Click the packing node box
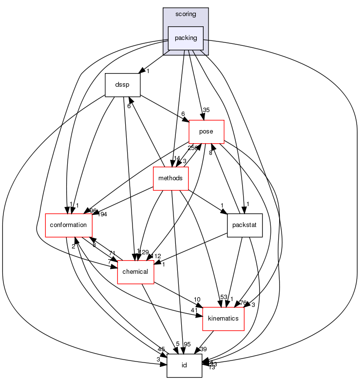pyautogui.click(x=186, y=38)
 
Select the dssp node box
pyautogui.click(x=123, y=85)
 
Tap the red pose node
pyautogui.click(x=206, y=132)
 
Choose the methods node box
pyautogui.click(x=171, y=178)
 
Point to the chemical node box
pyautogui.click(x=135, y=272)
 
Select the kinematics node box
pyautogui.click(x=223, y=319)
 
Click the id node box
pyautogui.click(x=184, y=365)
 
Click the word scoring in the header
pyautogui.click(x=186, y=14)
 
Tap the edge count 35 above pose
pyautogui.click(x=207, y=110)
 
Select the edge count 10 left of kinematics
pyautogui.click(x=197, y=299)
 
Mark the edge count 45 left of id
pyautogui.click(x=161, y=349)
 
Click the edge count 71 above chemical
pyautogui.click(x=112, y=253)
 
